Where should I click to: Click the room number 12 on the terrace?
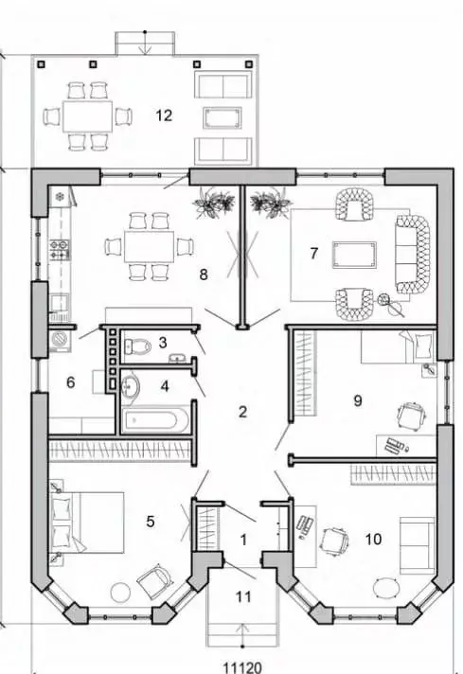164,115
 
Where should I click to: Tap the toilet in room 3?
137,345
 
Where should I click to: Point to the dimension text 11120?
242,667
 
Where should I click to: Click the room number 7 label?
313,254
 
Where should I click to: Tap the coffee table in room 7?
354,254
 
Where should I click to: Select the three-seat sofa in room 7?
412,254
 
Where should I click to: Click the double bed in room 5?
87,523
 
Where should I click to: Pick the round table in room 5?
120,593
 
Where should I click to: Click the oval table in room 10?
385,587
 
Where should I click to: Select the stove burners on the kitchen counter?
59,250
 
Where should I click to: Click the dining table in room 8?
150,247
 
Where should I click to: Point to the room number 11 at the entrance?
243,596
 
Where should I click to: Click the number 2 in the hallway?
242,412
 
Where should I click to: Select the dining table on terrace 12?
88,116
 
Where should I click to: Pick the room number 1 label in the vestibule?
243,540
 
